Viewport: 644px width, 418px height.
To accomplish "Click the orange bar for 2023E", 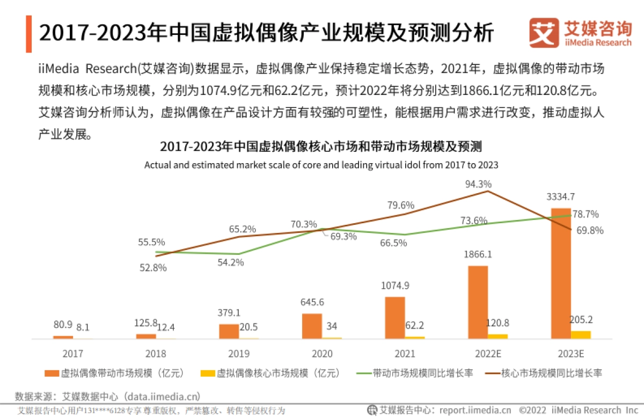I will point(561,273).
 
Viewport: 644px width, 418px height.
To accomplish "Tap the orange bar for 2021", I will point(395,317).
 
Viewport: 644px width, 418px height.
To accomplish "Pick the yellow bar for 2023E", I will point(581,335).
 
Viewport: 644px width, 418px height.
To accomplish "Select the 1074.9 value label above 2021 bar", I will point(395,285).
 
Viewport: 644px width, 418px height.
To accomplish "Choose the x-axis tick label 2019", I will point(238,354).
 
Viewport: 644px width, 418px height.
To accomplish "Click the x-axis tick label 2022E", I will point(488,354).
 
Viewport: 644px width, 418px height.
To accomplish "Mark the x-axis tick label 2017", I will point(72,354).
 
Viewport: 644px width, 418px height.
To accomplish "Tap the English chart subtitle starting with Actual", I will point(321,165).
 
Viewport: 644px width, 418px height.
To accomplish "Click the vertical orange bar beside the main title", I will point(28,34).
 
